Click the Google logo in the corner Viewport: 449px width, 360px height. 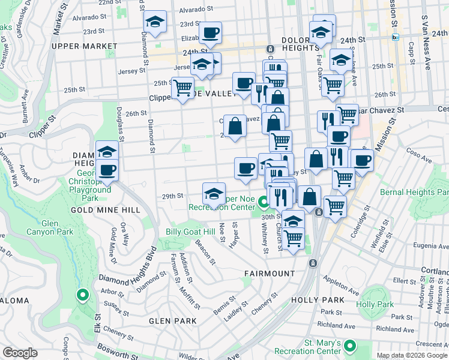pyautogui.click(x=20, y=353)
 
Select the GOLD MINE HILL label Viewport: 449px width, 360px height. pyautogui.click(x=105, y=210)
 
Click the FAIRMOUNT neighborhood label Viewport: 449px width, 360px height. pyautogui.click(x=270, y=273)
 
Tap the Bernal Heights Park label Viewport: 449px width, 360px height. pyautogui.click(x=414, y=192)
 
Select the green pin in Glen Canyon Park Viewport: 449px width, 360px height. pyautogui.click(x=82, y=295)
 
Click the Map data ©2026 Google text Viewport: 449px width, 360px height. pyautogui.click(x=412, y=355)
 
